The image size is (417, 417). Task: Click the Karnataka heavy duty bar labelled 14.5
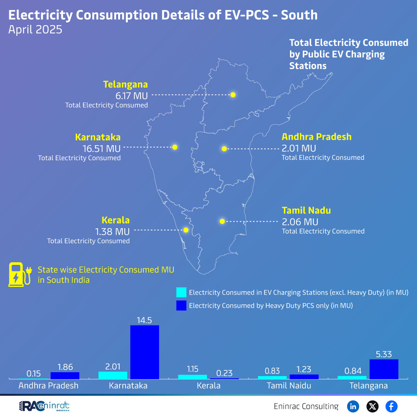[144, 352]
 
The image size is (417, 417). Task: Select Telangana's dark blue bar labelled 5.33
[384, 369]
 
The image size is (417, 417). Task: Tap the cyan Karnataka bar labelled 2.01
[113, 375]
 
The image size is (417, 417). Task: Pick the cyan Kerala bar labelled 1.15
[192, 376]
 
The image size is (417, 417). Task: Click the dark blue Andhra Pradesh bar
[65, 375]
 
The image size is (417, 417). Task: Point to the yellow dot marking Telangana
[233, 95]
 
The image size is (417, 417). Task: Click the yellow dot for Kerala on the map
[186, 230]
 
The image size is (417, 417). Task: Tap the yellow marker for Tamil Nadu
[222, 221]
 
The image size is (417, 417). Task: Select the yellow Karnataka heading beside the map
[98, 137]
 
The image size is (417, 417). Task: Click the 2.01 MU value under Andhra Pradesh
[299, 148]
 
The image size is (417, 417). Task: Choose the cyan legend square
[181, 292]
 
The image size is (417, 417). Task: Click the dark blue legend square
[181, 305]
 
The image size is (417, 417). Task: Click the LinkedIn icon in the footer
[353, 406]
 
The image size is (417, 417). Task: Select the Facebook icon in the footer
[392, 406]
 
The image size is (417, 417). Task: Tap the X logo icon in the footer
[372, 406]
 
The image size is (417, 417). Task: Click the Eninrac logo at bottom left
[44, 406]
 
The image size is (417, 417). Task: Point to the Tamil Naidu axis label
[289, 385]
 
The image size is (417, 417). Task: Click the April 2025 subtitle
[35, 30]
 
